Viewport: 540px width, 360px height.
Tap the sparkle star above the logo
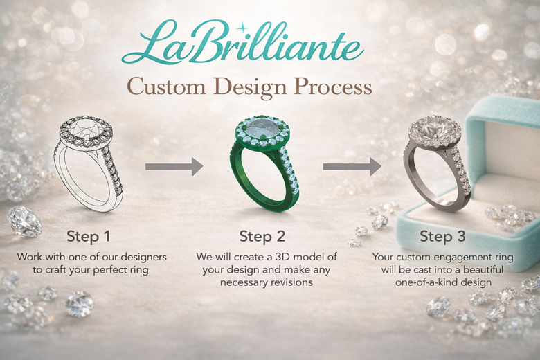click(x=242, y=28)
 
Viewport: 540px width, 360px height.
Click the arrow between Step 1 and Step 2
click(x=174, y=166)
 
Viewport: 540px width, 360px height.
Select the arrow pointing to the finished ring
click(x=352, y=166)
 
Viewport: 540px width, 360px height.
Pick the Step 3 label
click(x=442, y=235)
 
